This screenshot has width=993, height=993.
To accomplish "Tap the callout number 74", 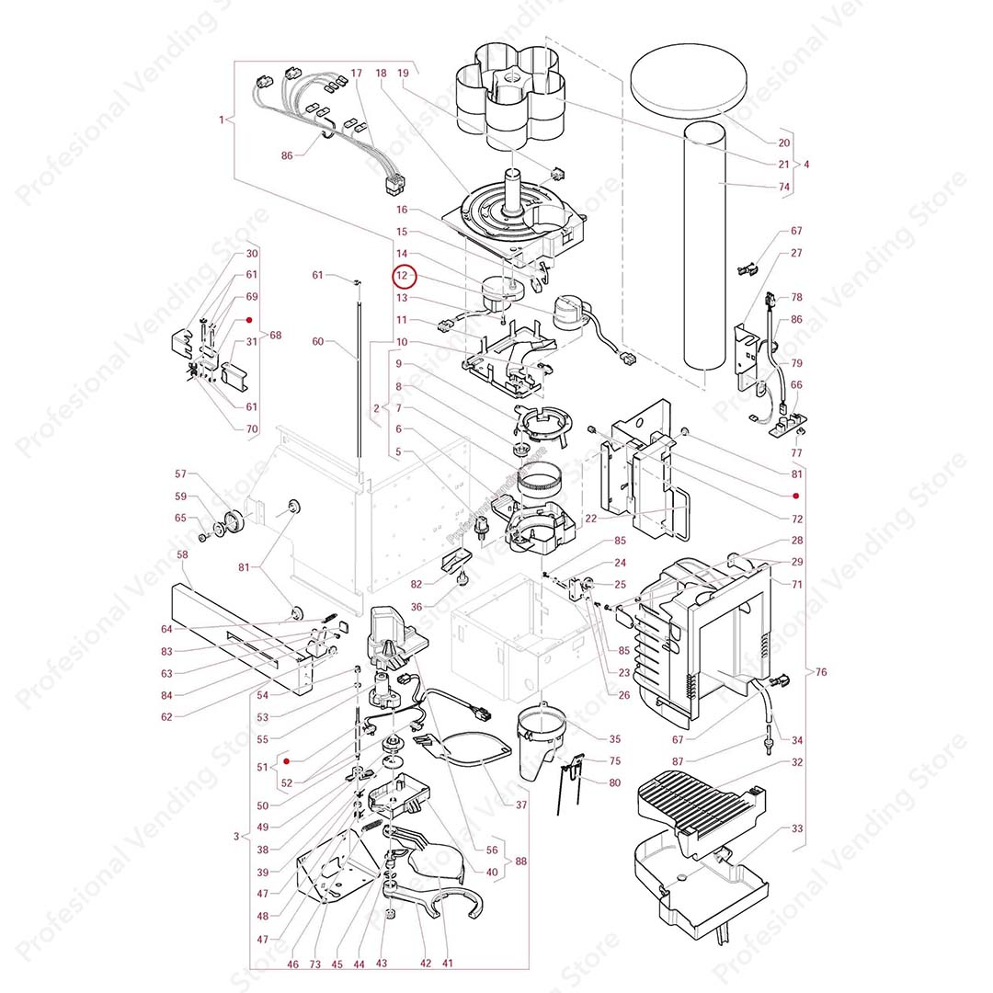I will click(784, 187).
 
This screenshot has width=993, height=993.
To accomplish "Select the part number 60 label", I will click(318, 342).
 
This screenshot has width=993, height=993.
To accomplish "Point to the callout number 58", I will click(182, 555).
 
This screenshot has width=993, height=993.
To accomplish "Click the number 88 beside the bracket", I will click(521, 862).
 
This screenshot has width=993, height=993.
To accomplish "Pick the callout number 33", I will click(796, 828).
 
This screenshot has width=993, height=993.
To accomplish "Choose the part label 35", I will click(615, 738).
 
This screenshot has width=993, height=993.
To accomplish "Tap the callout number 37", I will click(521, 805).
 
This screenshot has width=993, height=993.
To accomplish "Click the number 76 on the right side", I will click(821, 672).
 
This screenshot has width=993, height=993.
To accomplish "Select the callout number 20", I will click(784, 143).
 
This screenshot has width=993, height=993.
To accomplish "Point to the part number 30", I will click(252, 254).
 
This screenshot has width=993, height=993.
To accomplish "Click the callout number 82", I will click(417, 585).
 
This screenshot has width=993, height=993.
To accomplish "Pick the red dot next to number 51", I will click(287, 761).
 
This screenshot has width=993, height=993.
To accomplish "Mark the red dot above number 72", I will click(796, 496).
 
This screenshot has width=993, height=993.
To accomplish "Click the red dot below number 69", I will click(249, 320).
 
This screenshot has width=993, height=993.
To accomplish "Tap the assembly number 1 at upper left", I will click(222, 120).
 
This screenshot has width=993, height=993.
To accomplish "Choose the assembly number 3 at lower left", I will click(236, 837).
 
